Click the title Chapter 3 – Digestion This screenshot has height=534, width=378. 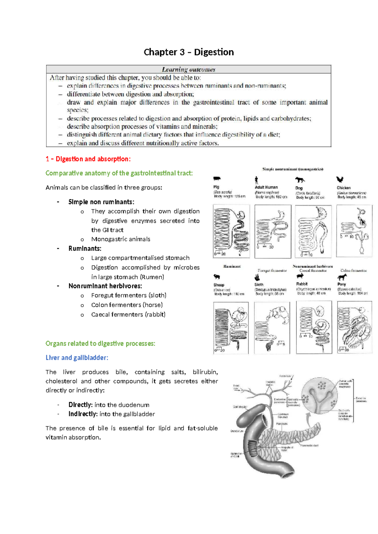189,52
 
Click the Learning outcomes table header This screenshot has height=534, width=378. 188,69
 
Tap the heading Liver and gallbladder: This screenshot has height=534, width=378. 77,358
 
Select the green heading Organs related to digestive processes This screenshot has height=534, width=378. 100,344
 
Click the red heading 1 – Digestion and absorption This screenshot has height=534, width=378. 88,159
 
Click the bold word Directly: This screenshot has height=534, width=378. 80,405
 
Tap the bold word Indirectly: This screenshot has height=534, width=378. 83,414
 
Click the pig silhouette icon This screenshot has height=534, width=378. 217,179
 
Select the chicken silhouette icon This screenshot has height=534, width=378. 340,179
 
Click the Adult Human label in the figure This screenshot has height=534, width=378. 266,187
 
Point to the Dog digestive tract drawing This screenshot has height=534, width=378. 313,231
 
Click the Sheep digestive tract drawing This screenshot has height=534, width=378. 231,328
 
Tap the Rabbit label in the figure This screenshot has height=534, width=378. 302,284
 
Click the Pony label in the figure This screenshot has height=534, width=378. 341,284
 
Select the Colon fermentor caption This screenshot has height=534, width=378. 353,270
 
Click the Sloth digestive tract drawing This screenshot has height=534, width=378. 272,328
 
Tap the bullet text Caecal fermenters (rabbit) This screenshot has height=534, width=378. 128,315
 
